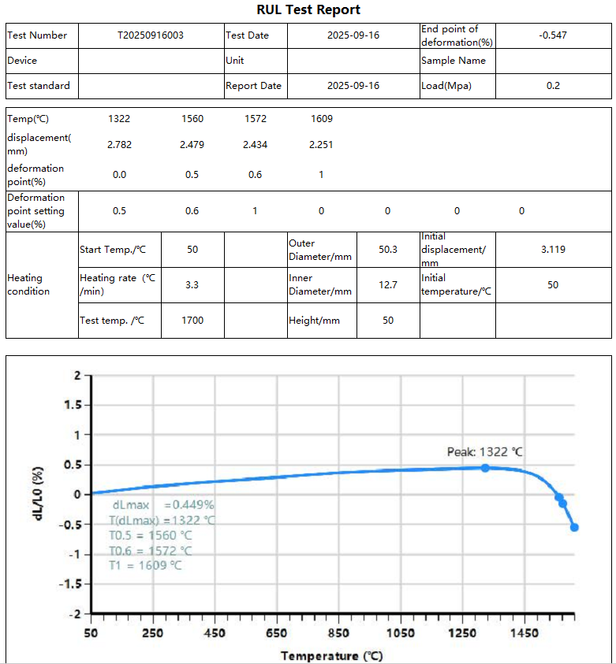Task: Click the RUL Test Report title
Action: (x=308, y=10)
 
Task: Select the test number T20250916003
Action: (x=151, y=35)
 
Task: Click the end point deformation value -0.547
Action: (x=553, y=35)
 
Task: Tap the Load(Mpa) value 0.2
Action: (x=553, y=86)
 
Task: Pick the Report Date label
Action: (x=253, y=86)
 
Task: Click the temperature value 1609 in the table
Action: (x=321, y=119)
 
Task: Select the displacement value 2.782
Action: (x=119, y=145)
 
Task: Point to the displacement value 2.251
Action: (x=321, y=145)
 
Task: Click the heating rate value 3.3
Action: (x=192, y=285)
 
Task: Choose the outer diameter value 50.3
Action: (x=388, y=250)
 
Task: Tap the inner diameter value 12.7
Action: (x=388, y=285)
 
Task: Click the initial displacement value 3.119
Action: (x=553, y=250)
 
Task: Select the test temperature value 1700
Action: (x=192, y=321)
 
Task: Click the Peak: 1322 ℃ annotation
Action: (x=484, y=452)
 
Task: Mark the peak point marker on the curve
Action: (x=485, y=468)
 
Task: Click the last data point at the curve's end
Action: (x=574, y=528)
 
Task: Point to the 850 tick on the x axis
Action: (x=338, y=633)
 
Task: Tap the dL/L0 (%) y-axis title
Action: (x=38, y=495)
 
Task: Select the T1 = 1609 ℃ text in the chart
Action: (x=150, y=566)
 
